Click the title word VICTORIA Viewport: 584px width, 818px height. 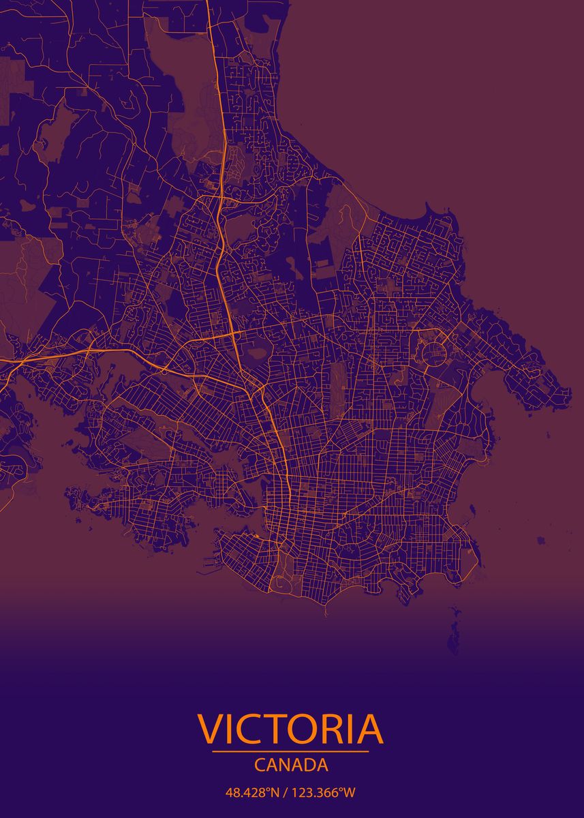[x=291, y=729]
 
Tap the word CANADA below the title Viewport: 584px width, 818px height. [x=291, y=765]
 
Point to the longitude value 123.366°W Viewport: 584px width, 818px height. [x=324, y=793]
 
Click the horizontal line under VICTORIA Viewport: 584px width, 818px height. [x=291, y=751]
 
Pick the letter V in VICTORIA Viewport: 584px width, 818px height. [x=211, y=729]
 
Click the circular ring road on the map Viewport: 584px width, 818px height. [x=435, y=352]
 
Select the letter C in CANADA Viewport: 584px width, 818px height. [x=260, y=765]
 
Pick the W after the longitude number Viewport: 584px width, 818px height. [x=350, y=793]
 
